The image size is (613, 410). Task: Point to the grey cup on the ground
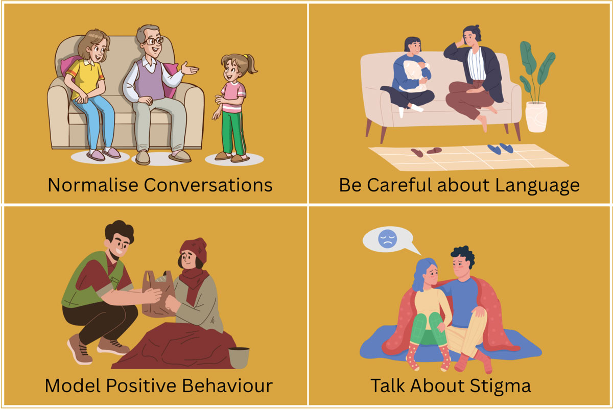click(239, 357)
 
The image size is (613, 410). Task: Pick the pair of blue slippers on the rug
click(499, 148)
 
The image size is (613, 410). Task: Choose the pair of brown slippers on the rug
click(425, 152)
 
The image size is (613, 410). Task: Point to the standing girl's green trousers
click(233, 131)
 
